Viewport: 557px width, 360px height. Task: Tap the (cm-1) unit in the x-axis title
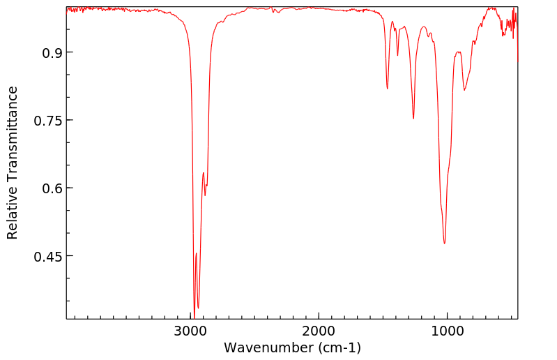click(x=339, y=347)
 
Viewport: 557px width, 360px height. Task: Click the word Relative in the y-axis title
click(x=13, y=209)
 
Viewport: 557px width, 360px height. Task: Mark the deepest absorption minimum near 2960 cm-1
click(x=194, y=315)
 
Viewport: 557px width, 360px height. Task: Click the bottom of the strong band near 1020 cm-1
click(x=444, y=243)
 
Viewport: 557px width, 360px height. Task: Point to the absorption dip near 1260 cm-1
click(x=413, y=119)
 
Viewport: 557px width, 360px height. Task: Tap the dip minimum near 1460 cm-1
click(x=388, y=89)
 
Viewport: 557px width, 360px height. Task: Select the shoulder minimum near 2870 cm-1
click(x=205, y=195)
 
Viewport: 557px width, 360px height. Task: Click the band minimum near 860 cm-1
click(x=464, y=90)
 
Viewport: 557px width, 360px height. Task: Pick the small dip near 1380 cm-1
click(x=397, y=56)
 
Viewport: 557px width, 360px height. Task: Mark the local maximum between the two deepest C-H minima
click(x=196, y=253)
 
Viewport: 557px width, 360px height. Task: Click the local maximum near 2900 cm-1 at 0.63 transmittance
click(x=203, y=172)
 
